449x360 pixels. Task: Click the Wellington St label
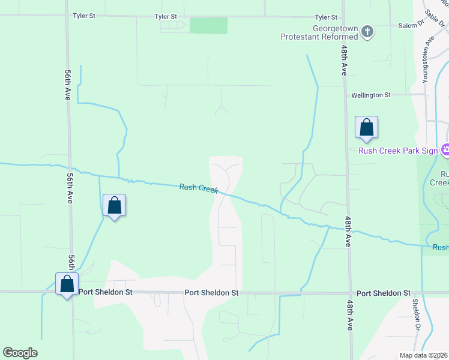(370, 95)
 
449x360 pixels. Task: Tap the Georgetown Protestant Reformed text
(319, 32)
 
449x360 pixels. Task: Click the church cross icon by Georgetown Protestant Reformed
(368, 32)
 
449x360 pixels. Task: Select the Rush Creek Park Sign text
(398, 151)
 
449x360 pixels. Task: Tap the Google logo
(20, 353)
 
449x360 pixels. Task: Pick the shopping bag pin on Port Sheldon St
(67, 284)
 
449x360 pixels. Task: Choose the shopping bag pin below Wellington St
(366, 128)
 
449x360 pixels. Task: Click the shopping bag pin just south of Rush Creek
(114, 206)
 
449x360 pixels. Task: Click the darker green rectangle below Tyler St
(209, 26)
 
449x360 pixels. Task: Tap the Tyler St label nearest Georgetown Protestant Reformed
(327, 17)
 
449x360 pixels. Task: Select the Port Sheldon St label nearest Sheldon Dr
(383, 293)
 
